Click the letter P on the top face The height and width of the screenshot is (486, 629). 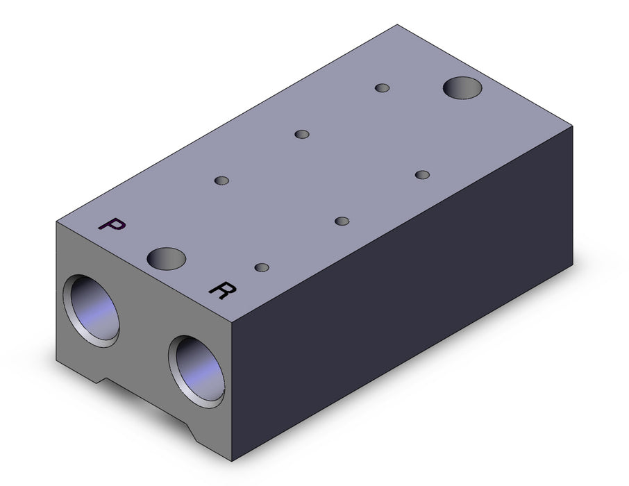pyautogui.click(x=112, y=225)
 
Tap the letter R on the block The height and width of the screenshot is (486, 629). pyautogui.click(x=222, y=290)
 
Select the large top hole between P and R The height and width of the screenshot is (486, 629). pyautogui.click(x=166, y=258)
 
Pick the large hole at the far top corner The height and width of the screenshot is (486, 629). pyautogui.click(x=462, y=88)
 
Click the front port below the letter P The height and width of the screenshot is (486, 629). pyautogui.click(x=91, y=310)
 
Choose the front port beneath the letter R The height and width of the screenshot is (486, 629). pyautogui.click(x=196, y=371)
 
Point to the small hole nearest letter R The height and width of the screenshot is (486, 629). pyautogui.click(x=262, y=267)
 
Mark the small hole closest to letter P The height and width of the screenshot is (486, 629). pyautogui.click(x=222, y=181)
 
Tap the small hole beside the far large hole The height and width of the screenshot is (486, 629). pyautogui.click(x=383, y=88)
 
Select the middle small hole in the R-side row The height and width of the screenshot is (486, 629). pyautogui.click(x=342, y=221)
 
